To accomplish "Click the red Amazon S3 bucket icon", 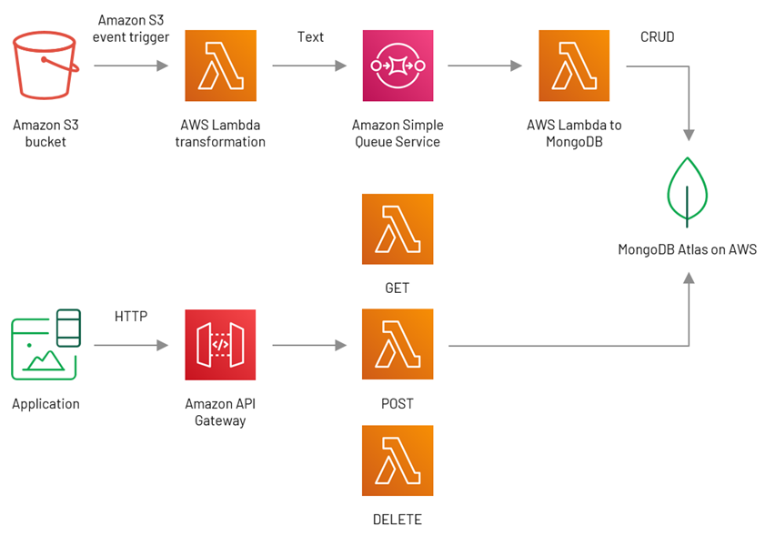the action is click(45, 65).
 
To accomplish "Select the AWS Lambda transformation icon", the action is click(220, 66).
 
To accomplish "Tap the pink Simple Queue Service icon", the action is click(398, 66).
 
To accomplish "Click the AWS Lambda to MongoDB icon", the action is click(574, 66).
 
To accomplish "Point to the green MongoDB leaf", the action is click(687, 192).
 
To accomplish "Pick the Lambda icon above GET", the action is click(398, 229).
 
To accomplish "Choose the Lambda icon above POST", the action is click(398, 344).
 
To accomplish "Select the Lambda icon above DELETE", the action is click(398, 460).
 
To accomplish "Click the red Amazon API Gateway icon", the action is click(220, 345).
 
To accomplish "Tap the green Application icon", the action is click(45, 344).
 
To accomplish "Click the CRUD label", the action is click(657, 37).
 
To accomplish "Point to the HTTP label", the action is click(131, 317).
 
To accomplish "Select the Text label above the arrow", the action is click(310, 37).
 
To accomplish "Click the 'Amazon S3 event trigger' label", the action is click(131, 28).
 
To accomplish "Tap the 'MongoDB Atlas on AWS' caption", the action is click(687, 249).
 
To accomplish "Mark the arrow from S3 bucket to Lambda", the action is click(131, 66).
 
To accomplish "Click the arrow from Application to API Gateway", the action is click(131, 345).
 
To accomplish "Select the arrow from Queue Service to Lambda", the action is click(485, 66).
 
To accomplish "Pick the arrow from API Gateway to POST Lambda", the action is click(309, 345).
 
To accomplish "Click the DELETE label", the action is click(398, 520).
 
